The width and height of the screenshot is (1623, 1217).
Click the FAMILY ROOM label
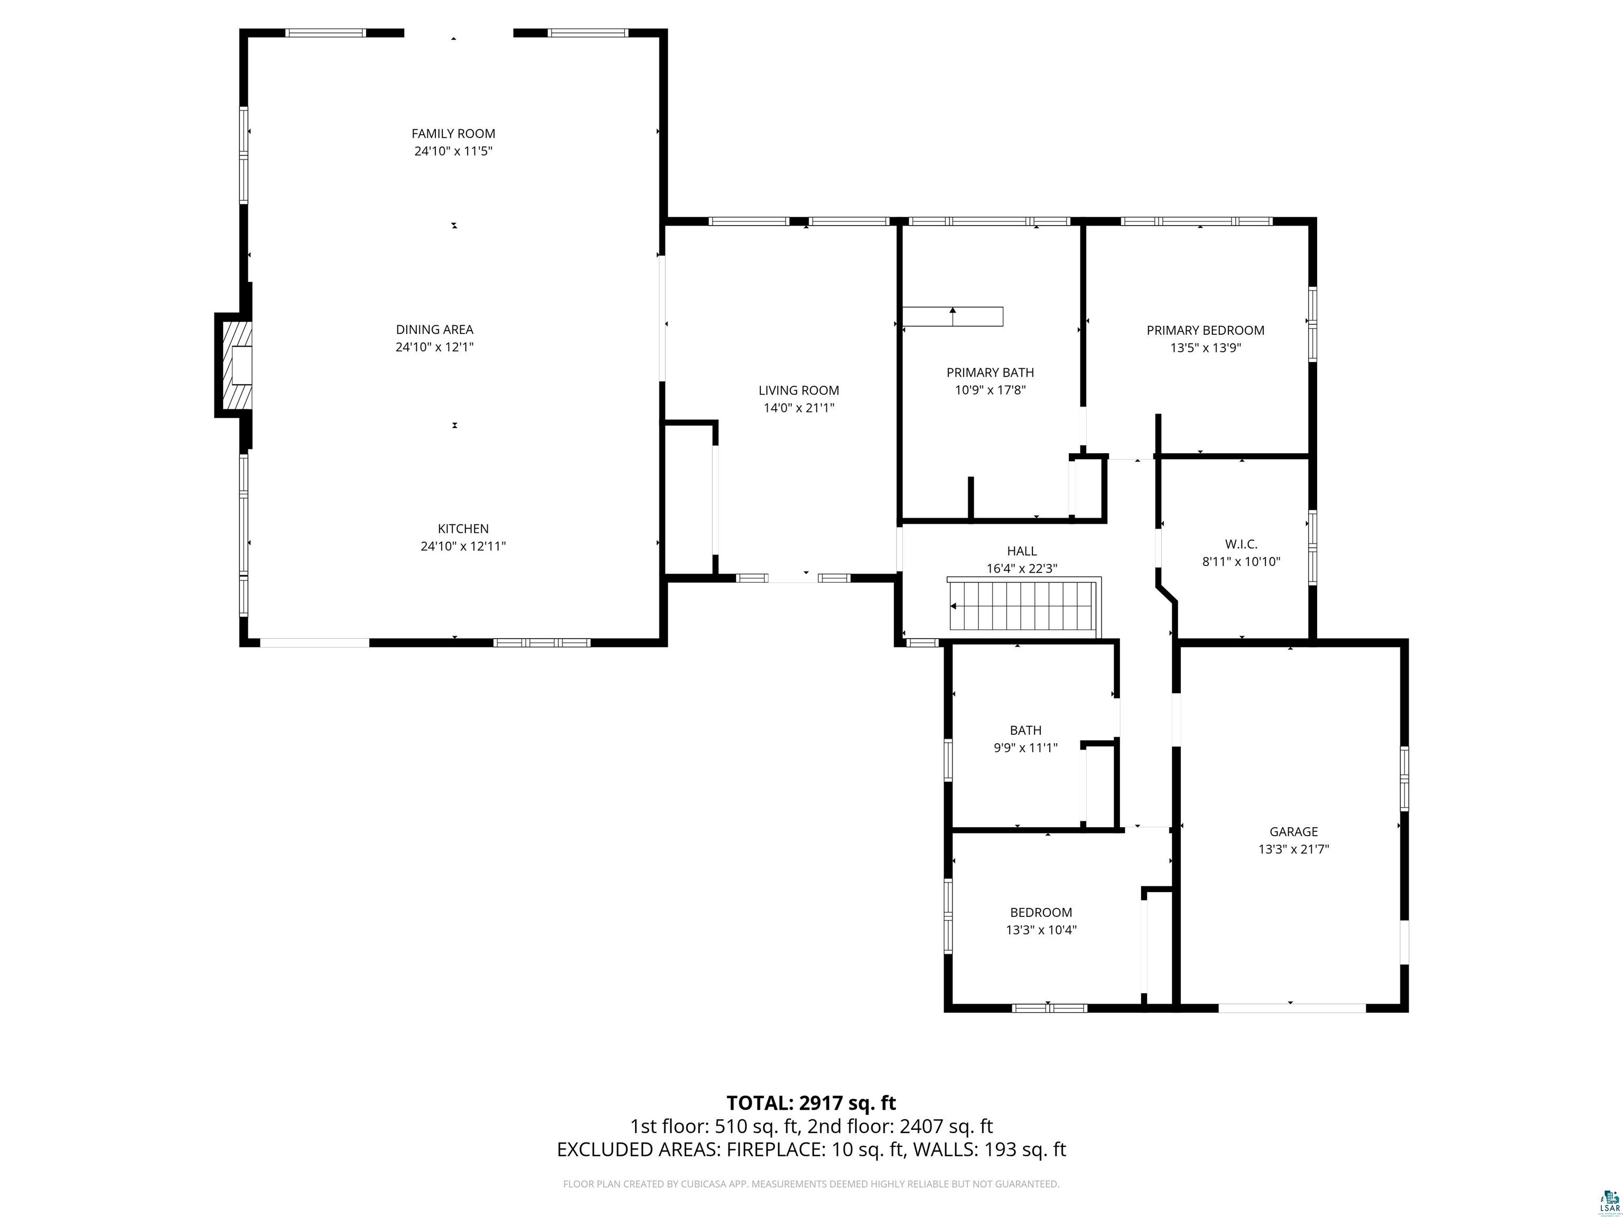click(453, 134)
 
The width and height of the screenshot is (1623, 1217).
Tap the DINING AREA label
click(434, 330)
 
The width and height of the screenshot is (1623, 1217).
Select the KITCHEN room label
click(463, 528)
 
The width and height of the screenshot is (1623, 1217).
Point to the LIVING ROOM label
click(798, 390)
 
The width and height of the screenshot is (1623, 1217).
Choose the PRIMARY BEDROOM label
click(1206, 330)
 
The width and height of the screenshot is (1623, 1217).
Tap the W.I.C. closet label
click(1240, 544)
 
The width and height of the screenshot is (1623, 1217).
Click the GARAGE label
click(1293, 831)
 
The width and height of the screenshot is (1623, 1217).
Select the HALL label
click(1022, 551)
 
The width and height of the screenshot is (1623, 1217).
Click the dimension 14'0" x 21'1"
click(799, 408)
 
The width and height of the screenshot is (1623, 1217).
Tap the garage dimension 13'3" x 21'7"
click(1293, 849)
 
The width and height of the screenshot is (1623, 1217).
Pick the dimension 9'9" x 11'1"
click(1025, 747)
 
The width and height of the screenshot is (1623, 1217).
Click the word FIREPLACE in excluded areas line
click(773, 1169)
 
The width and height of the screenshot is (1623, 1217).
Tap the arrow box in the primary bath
click(953, 316)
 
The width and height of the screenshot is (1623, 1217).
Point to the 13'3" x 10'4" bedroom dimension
click(1041, 930)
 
